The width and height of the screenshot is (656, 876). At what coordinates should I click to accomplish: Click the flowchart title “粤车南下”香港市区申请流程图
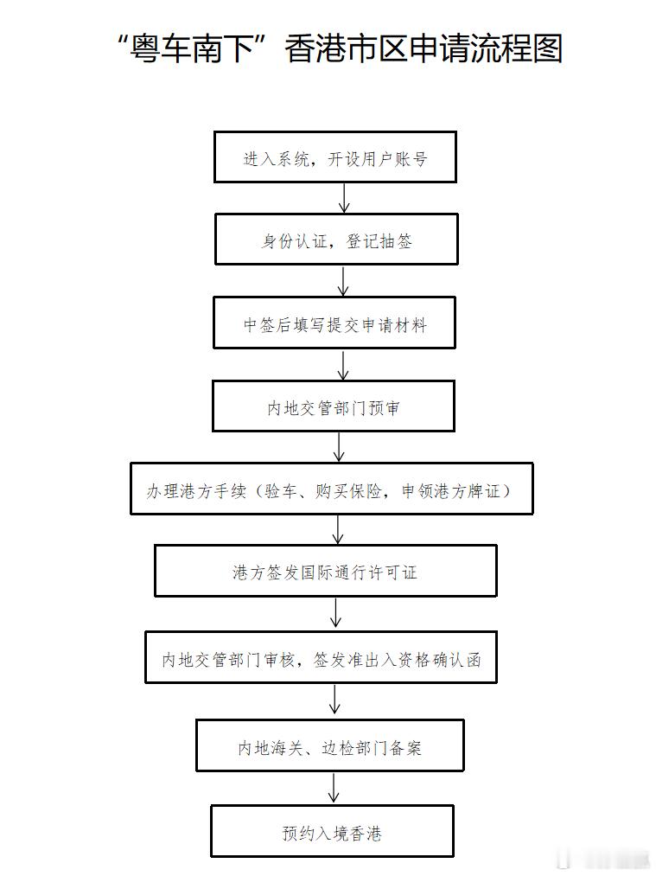(x=338, y=49)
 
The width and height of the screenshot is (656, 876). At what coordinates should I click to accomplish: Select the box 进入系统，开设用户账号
(x=334, y=157)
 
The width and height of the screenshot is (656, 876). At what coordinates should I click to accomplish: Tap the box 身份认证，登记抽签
(x=336, y=240)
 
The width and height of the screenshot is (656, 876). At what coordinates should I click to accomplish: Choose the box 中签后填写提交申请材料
(x=334, y=323)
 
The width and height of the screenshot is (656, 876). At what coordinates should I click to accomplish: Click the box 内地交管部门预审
(x=334, y=406)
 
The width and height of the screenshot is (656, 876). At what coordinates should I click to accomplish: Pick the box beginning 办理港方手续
(x=332, y=489)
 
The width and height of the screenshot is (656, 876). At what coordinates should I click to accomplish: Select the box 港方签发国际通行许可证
(x=326, y=572)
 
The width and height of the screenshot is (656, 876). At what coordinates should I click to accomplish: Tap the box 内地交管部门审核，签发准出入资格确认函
(x=322, y=659)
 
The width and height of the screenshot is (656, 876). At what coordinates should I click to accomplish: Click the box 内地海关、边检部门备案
(x=330, y=746)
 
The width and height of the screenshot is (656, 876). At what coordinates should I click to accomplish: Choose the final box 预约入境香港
(x=332, y=832)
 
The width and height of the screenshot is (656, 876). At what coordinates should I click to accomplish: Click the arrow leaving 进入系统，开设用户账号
(x=344, y=198)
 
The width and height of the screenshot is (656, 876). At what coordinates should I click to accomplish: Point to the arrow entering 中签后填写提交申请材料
(x=343, y=281)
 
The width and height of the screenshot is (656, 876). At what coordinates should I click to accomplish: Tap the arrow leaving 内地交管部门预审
(x=339, y=447)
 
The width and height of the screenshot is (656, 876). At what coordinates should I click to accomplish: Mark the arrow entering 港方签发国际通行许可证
(x=338, y=529)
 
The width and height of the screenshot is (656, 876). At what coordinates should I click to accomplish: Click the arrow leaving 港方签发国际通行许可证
(x=335, y=613)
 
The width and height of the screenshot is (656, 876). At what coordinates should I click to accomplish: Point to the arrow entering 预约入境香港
(x=334, y=788)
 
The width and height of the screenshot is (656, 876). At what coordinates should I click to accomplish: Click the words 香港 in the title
(x=312, y=49)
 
